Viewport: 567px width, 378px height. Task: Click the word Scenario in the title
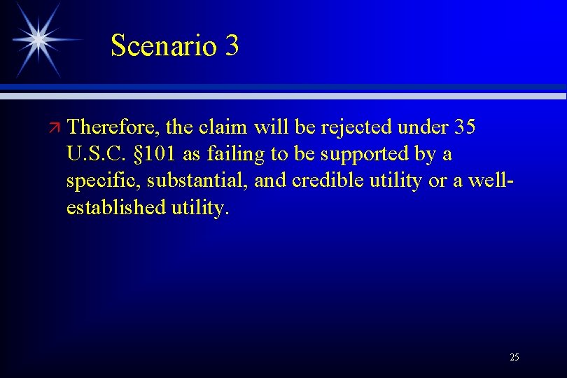pos(164,46)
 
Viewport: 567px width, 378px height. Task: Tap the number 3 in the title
pos(232,46)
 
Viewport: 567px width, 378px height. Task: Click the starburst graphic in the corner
pos(40,38)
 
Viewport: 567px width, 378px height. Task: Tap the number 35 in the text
pos(465,127)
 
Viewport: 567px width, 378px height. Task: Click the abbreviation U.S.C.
pos(94,154)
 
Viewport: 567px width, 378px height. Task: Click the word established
pos(116,207)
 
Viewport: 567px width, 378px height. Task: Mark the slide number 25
pos(514,358)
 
